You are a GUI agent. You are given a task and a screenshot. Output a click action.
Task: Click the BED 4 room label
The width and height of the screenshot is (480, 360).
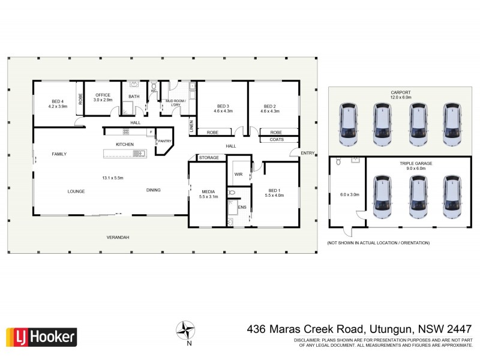click(58, 101)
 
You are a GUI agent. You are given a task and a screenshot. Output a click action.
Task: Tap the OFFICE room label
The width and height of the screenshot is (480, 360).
click(103, 95)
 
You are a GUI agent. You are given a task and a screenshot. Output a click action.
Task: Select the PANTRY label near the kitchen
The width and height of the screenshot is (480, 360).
click(164, 141)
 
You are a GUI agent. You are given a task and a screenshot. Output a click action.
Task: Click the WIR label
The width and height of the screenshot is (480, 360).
click(238, 175)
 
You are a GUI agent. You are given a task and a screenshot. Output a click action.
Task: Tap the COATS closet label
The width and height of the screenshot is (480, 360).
click(276, 140)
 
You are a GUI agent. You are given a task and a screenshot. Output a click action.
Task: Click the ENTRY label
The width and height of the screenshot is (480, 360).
click(307, 153)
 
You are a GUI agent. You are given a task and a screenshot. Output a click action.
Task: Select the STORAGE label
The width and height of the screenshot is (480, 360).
click(209, 158)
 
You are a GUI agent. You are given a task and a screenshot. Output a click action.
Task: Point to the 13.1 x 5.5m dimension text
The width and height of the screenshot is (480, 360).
click(113, 178)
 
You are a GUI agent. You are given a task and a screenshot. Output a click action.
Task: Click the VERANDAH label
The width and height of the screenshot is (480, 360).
click(118, 237)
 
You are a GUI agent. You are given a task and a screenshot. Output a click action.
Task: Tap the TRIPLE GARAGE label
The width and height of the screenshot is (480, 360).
click(416, 163)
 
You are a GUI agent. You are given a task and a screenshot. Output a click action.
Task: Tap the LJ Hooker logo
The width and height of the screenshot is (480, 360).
click(41, 337)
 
